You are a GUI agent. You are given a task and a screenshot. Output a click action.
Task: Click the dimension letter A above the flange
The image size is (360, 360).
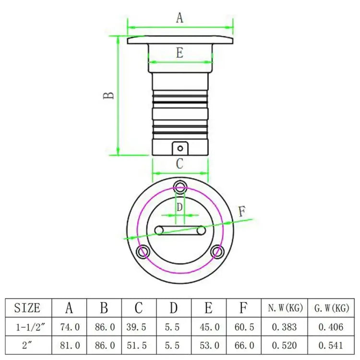[x=180, y=18]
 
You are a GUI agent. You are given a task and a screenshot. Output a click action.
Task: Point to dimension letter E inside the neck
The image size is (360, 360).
[x=180, y=53]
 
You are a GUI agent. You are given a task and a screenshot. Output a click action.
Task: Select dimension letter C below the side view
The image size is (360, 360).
[x=180, y=164]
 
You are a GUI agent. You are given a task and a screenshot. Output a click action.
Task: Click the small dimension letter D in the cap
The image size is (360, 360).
[x=180, y=207]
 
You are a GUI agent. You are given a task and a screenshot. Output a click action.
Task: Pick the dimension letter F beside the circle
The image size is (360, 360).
[x=242, y=212]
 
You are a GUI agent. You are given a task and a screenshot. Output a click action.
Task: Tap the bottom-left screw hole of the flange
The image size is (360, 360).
[x=143, y=252]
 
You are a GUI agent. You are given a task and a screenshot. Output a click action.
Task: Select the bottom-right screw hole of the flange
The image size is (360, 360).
[x=217, y=252]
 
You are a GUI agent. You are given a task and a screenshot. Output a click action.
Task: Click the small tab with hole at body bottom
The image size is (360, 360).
[x=180, y=148]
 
